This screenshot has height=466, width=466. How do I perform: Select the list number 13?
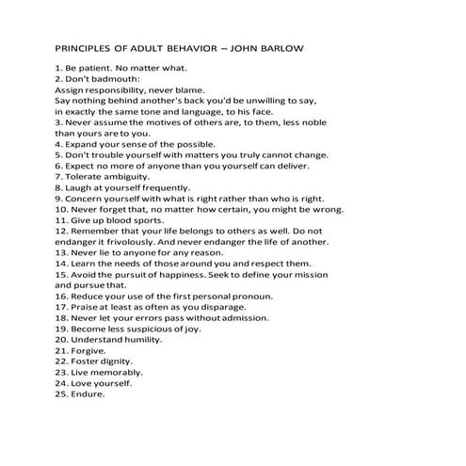point(61,252)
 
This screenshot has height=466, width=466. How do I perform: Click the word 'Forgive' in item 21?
point(89,350)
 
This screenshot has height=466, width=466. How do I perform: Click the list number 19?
point(61,329)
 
